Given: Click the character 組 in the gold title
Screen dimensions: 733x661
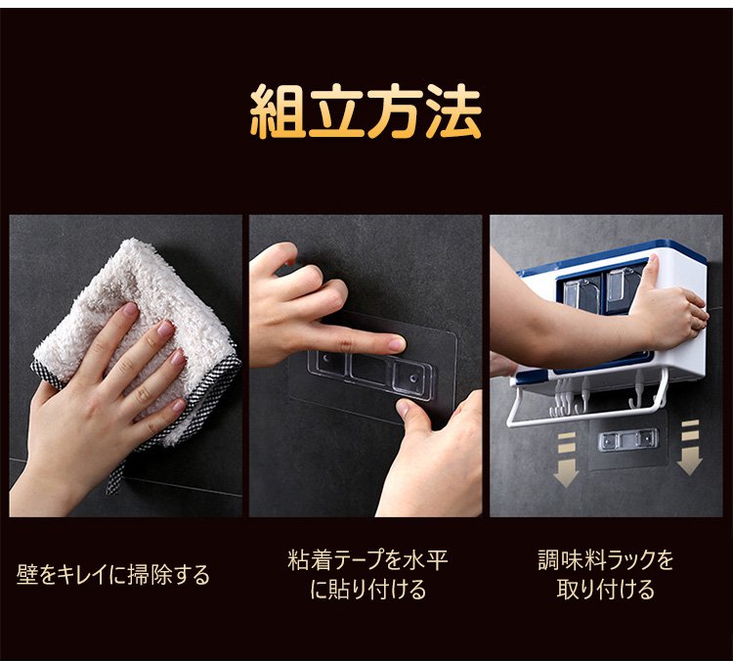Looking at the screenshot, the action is click(279, 110).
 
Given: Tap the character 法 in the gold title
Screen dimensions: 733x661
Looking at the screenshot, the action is click(453, 110).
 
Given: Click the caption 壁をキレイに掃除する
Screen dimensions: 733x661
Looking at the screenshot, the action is click(113, 574).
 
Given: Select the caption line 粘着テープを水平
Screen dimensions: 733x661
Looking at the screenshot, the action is click(367, 560).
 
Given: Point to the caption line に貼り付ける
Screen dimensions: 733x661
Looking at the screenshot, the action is click(368, 590).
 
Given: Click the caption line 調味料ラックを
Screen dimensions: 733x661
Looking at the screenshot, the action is click(606, 560).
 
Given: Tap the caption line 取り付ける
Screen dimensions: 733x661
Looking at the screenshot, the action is click(606, 590).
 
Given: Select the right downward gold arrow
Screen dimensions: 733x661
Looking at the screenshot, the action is click(690, 448).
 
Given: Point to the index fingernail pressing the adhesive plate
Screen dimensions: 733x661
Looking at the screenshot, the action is click(399, 344).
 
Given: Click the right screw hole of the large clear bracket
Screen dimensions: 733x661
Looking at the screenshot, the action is click(413, 378).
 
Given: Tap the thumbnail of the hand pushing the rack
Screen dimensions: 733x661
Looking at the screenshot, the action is click(652, 266).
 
